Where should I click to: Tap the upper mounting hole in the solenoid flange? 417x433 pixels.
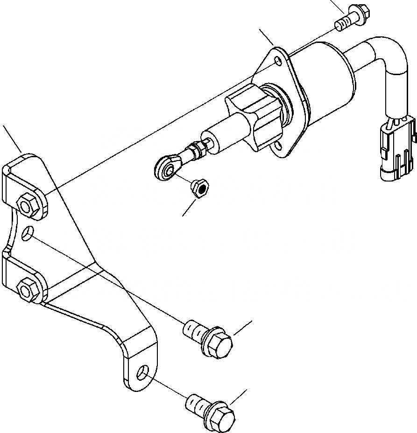(278, 61)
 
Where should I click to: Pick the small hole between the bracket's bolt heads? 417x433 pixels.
(28, 232)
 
